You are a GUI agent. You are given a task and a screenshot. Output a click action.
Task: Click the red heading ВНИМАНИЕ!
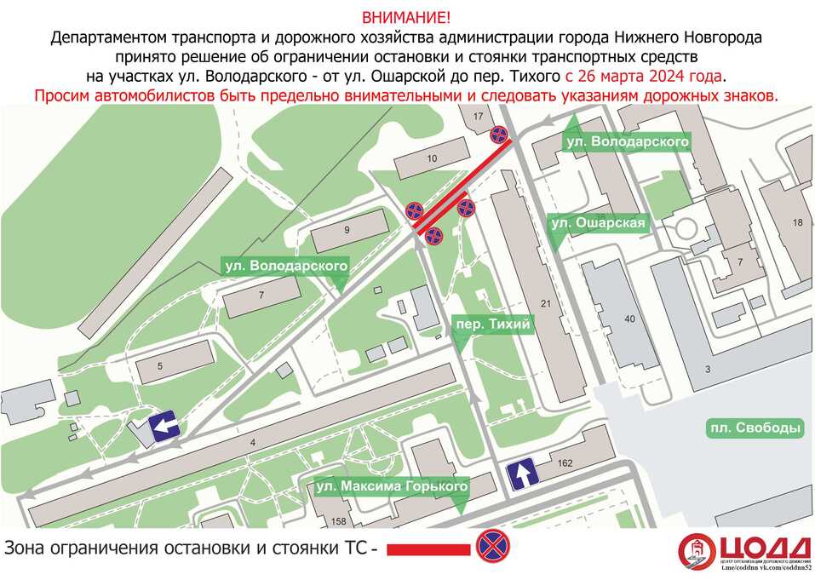pos(407,17)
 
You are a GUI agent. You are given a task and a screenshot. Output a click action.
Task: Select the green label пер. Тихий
pos(492,324)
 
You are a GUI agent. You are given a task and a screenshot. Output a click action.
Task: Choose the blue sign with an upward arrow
pos(521,474)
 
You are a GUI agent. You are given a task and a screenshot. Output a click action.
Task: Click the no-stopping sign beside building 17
pos(500,135)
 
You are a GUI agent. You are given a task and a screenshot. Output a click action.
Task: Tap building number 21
pos(546,304)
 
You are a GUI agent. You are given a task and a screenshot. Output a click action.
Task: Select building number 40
pos(630,319)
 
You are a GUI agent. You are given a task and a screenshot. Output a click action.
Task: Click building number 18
pos(797,223)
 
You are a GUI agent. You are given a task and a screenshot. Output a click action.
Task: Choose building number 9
pos(347,231)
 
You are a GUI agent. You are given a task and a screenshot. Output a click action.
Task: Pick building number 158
pos(339,521)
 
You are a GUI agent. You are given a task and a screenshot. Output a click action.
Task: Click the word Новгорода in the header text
pos(716,37)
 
